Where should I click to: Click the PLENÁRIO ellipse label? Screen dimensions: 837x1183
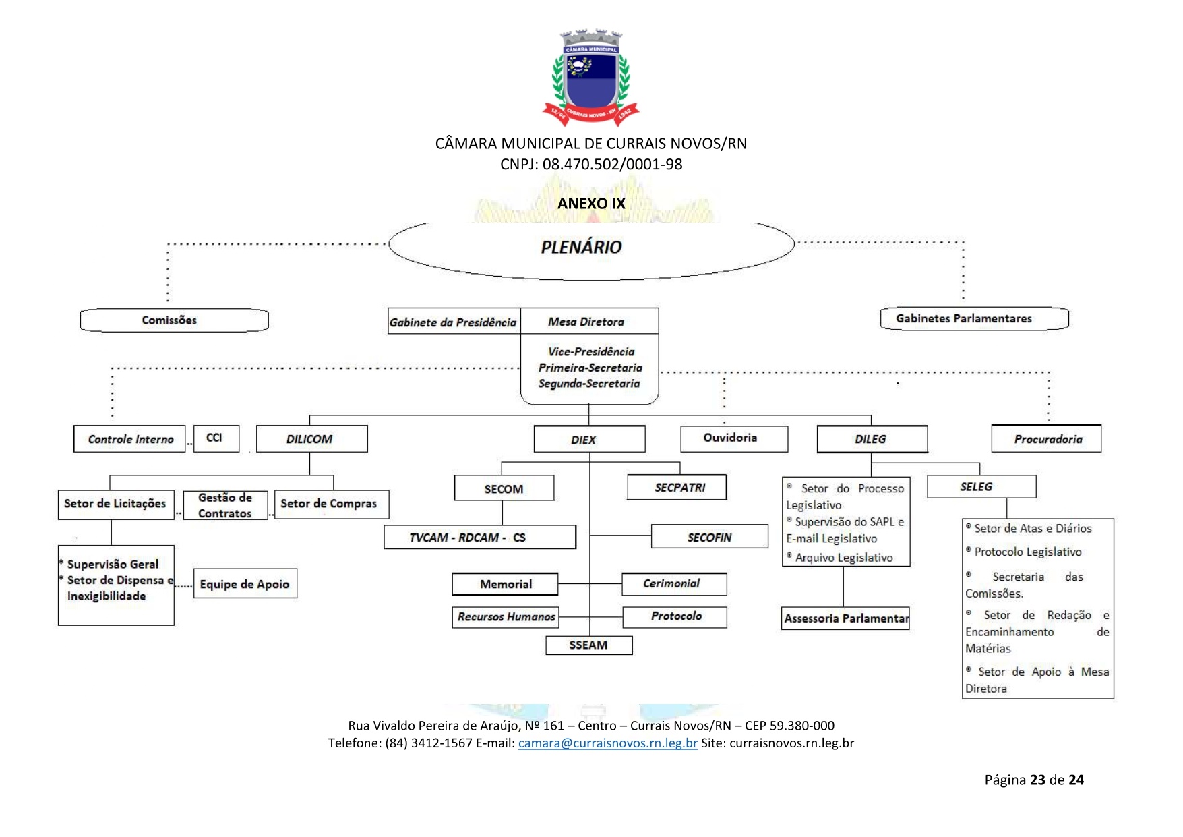pos(581,248)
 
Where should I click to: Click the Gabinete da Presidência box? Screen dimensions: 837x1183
pos(454,322)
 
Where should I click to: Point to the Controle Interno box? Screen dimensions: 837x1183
pos(129,439)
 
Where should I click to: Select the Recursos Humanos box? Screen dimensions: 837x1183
pos(506,617)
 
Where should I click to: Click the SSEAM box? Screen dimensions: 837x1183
pos(588,645)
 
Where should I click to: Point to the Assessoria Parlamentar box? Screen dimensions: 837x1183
pos(845,618)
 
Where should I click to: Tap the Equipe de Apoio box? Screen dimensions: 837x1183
pos(245,584)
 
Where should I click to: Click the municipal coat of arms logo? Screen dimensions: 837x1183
pos(590,78)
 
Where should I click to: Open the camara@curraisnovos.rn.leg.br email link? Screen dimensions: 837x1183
pos(607,743)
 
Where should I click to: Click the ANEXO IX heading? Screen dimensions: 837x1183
pos(591,204)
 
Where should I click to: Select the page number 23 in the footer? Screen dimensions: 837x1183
pos(1037,780)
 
